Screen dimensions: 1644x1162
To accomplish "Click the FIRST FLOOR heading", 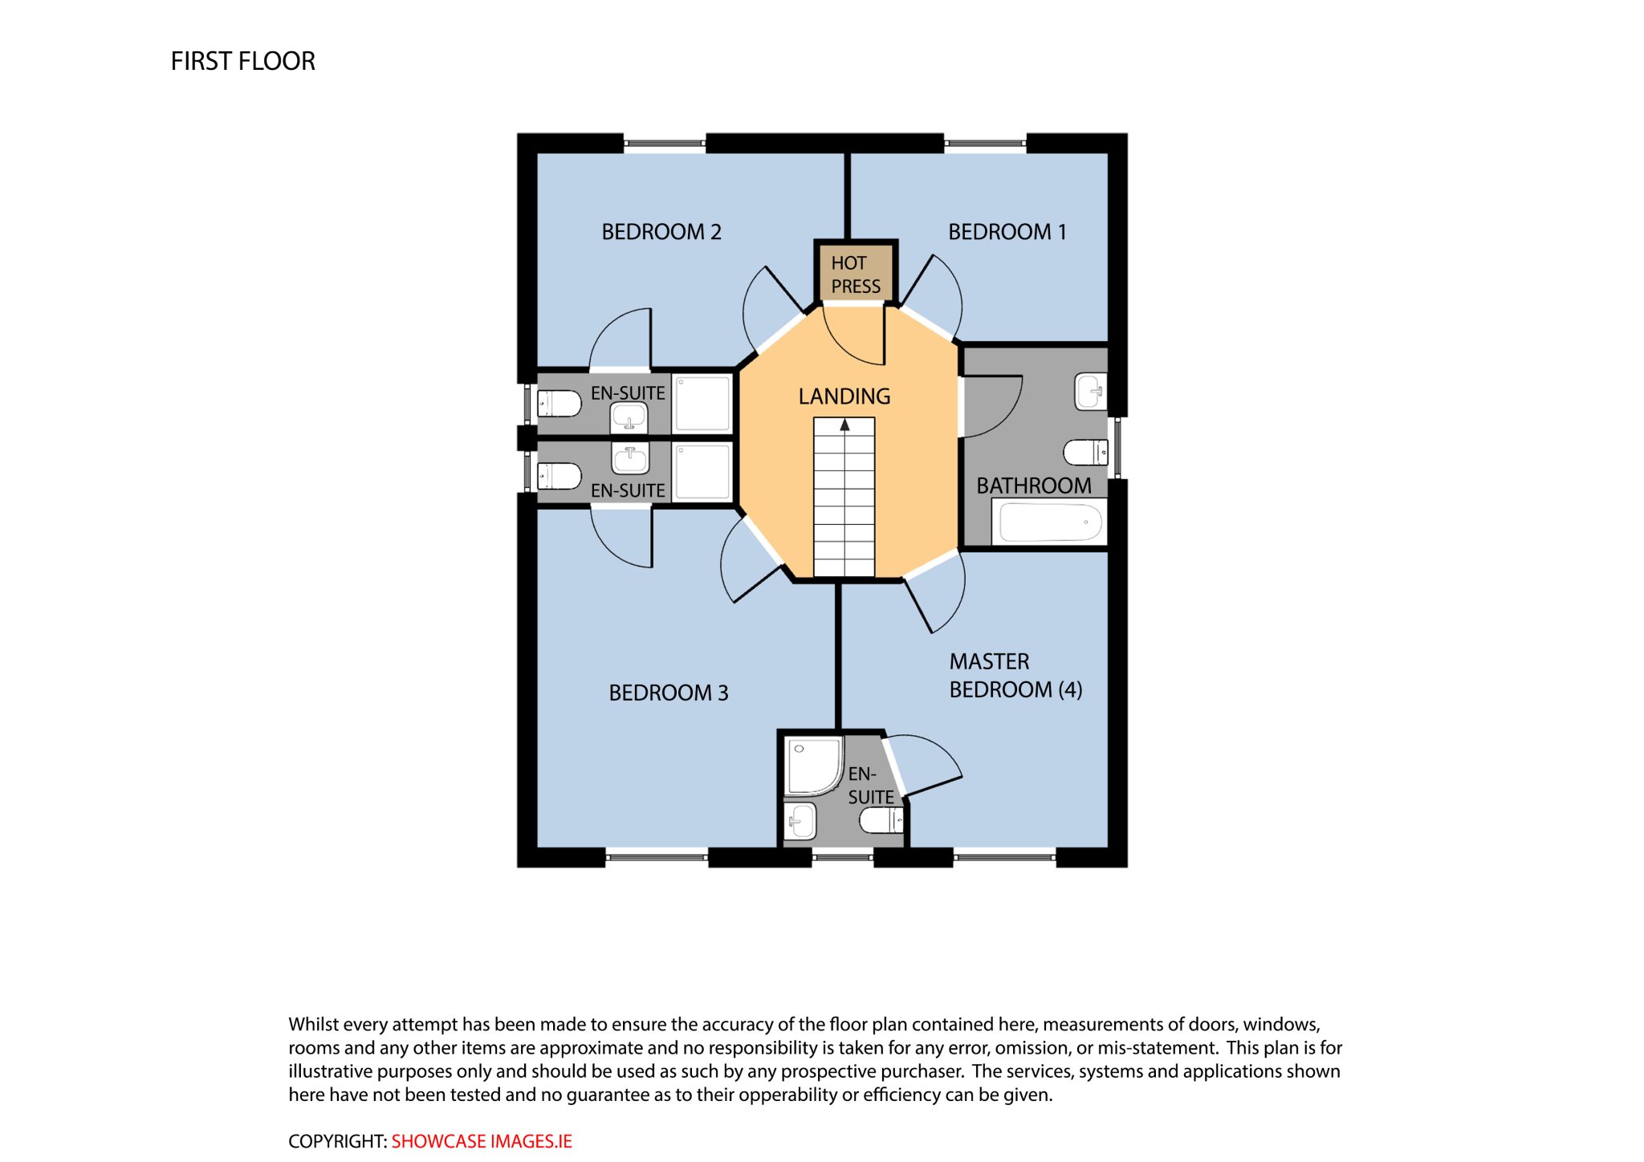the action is pyautogui.click(x=242, y=61).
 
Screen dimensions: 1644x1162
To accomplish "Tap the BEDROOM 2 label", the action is pyautogui.click(x=661, y=232).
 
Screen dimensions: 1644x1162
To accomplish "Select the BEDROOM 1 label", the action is pyautogui.click(x=1007, y=232).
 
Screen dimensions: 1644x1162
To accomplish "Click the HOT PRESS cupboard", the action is pyautogui.click(x=856, y=274).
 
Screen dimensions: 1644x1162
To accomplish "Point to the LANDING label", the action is pyautogui.click(x=844, y=396).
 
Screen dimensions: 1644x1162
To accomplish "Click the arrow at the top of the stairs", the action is pyautogui.click(x=844, y=425).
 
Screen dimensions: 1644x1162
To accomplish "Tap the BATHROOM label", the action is pyautogui.click(x=1034, y=486).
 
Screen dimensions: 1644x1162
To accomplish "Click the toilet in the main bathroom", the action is pyautogui.click(x=1086, y=453).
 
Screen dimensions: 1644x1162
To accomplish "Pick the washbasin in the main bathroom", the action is pyautogui.click(x=1091, y=392).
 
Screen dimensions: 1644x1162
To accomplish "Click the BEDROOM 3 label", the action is pyautogui.click(x=669, y=693).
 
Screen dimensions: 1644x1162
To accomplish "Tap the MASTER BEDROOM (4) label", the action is pyautogui.click(x=1015, y=676).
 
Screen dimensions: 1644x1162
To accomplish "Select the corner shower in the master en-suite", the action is pyautogui.click(x=814, y=766).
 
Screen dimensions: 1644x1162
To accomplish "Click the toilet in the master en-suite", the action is pyautogui.click(x=881, y=820).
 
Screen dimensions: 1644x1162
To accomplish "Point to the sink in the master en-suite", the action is pyautogui.click(x=801, y=821).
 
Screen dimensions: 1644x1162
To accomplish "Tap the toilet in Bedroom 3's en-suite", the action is pyautogui.click(x=559, y=477).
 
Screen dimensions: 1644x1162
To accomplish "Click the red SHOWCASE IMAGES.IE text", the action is pyautogui.click(x=482, y=1141).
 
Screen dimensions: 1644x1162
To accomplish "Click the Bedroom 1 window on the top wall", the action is pyautogui.click(x=985, y=144).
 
